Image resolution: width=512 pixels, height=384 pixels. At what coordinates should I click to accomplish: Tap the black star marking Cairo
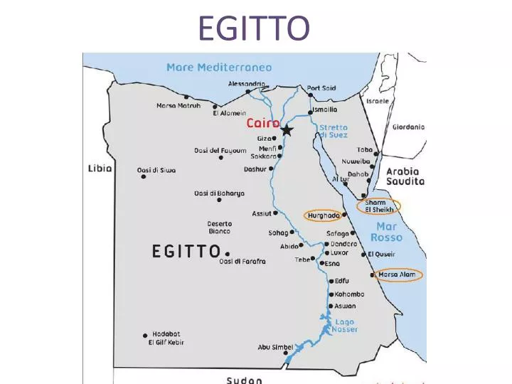pyautogui.click(x=287, y=130)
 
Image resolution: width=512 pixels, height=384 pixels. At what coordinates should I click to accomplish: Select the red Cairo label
pyautogui.click(x=262, y=123)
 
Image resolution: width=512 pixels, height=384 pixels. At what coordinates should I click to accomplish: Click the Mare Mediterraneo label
pyautogui.click(x=219, y=68)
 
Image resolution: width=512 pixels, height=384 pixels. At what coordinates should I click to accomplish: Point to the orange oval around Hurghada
pyautogui.click(x=323, y=215)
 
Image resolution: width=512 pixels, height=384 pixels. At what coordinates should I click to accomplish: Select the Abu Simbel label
pyautogui.click(x=274, y=347)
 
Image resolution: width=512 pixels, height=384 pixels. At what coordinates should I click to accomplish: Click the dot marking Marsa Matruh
pyautogui.click(x=186, y=97)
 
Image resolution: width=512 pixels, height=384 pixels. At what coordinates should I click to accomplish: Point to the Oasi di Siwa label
pyautogui.click(x=156, y=170)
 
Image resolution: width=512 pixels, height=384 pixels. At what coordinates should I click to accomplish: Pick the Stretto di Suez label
pyautogui.click(x=333, y=131)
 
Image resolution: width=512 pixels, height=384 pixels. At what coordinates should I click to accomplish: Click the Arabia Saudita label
pyautogui.click(x=405, y=176)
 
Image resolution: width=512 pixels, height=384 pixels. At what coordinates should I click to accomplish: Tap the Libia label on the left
pyautogui.click(x=99, y=169)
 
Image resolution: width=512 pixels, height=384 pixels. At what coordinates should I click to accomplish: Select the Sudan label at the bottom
pyautogui.click(x=244, y=380)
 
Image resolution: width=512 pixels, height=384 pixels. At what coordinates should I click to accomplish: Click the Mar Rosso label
pyautogui.click(x=385, y=232)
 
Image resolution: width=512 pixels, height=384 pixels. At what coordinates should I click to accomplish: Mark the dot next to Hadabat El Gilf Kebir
pyautogui.click(x=145, y=335)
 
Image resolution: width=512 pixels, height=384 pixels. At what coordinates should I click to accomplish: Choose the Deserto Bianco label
pyautogui.click(x=219, y=228)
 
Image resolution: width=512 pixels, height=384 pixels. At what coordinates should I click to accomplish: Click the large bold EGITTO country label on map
pyautogui.click(x=186, y=252)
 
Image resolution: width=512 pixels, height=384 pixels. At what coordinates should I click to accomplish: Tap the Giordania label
pyautogui.click(x=408, y=127)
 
